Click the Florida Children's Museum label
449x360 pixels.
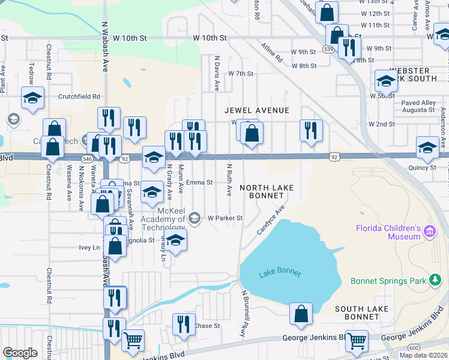pos(388,232)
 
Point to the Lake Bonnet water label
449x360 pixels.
pos(279,274)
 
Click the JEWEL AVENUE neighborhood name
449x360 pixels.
pos(257,110)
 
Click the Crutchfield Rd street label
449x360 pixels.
pos(79,96)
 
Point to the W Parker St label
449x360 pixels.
pos(225,218)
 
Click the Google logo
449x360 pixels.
pos(20,352)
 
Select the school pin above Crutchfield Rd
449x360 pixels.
pos(32,98)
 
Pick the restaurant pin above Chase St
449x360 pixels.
pos(184,323)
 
